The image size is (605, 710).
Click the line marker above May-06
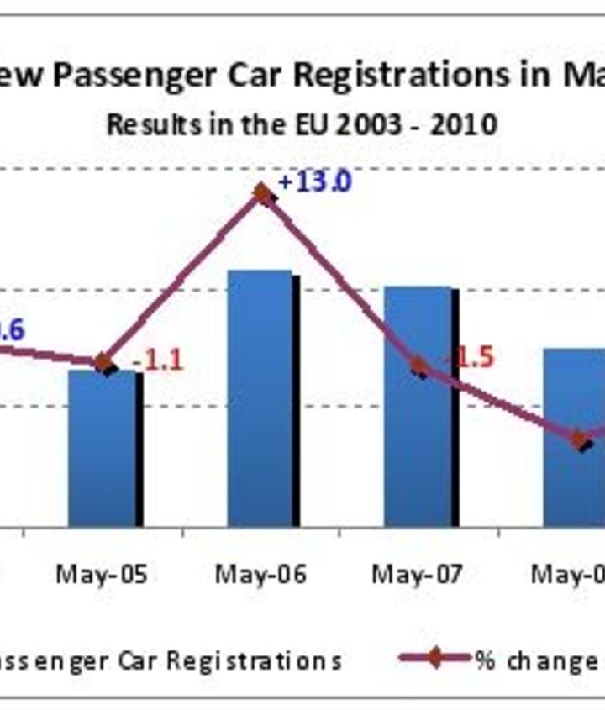pos(263,195)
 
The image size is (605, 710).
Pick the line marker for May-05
pos(103,363)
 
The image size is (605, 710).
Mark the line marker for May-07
pos(420,366)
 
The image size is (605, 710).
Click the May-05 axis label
pos(102,575)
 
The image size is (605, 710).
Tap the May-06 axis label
pos(260,575)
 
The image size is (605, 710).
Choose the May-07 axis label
pos(418,575)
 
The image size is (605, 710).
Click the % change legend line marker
pos(434,658)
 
